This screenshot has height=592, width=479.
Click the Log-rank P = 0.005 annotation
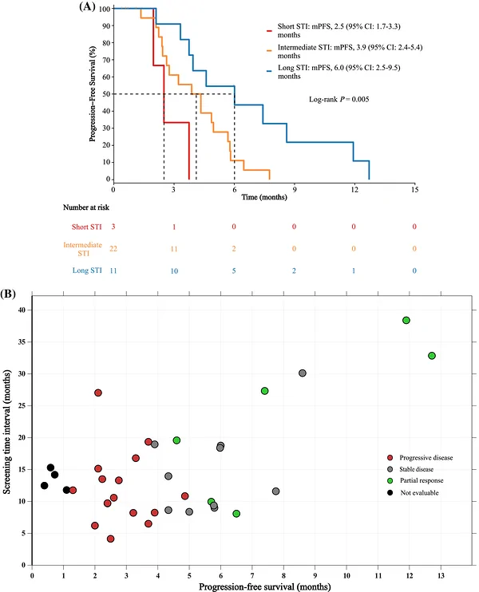338,99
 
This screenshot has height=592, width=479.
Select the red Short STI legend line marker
269,30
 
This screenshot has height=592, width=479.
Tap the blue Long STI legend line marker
269,71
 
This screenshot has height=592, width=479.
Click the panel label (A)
87,6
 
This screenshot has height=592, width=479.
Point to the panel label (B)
8,294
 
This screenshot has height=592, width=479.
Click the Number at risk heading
86,207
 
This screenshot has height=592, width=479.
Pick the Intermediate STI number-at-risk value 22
113,248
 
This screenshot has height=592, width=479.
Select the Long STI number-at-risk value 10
174,270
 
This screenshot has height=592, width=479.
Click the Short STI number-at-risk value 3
113,227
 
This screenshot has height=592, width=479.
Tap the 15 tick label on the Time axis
415,190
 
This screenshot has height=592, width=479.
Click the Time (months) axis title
264,197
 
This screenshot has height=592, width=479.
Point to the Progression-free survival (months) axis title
265,586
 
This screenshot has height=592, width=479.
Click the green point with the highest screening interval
406,320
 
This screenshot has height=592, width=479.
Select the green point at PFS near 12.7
432,356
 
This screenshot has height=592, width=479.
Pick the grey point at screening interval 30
303,373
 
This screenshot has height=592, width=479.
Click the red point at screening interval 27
98,393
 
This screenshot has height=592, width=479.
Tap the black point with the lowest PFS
45,486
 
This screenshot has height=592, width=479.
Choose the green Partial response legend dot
390,480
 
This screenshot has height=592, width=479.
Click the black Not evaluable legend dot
390,492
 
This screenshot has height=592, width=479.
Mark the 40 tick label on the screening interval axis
22,310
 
